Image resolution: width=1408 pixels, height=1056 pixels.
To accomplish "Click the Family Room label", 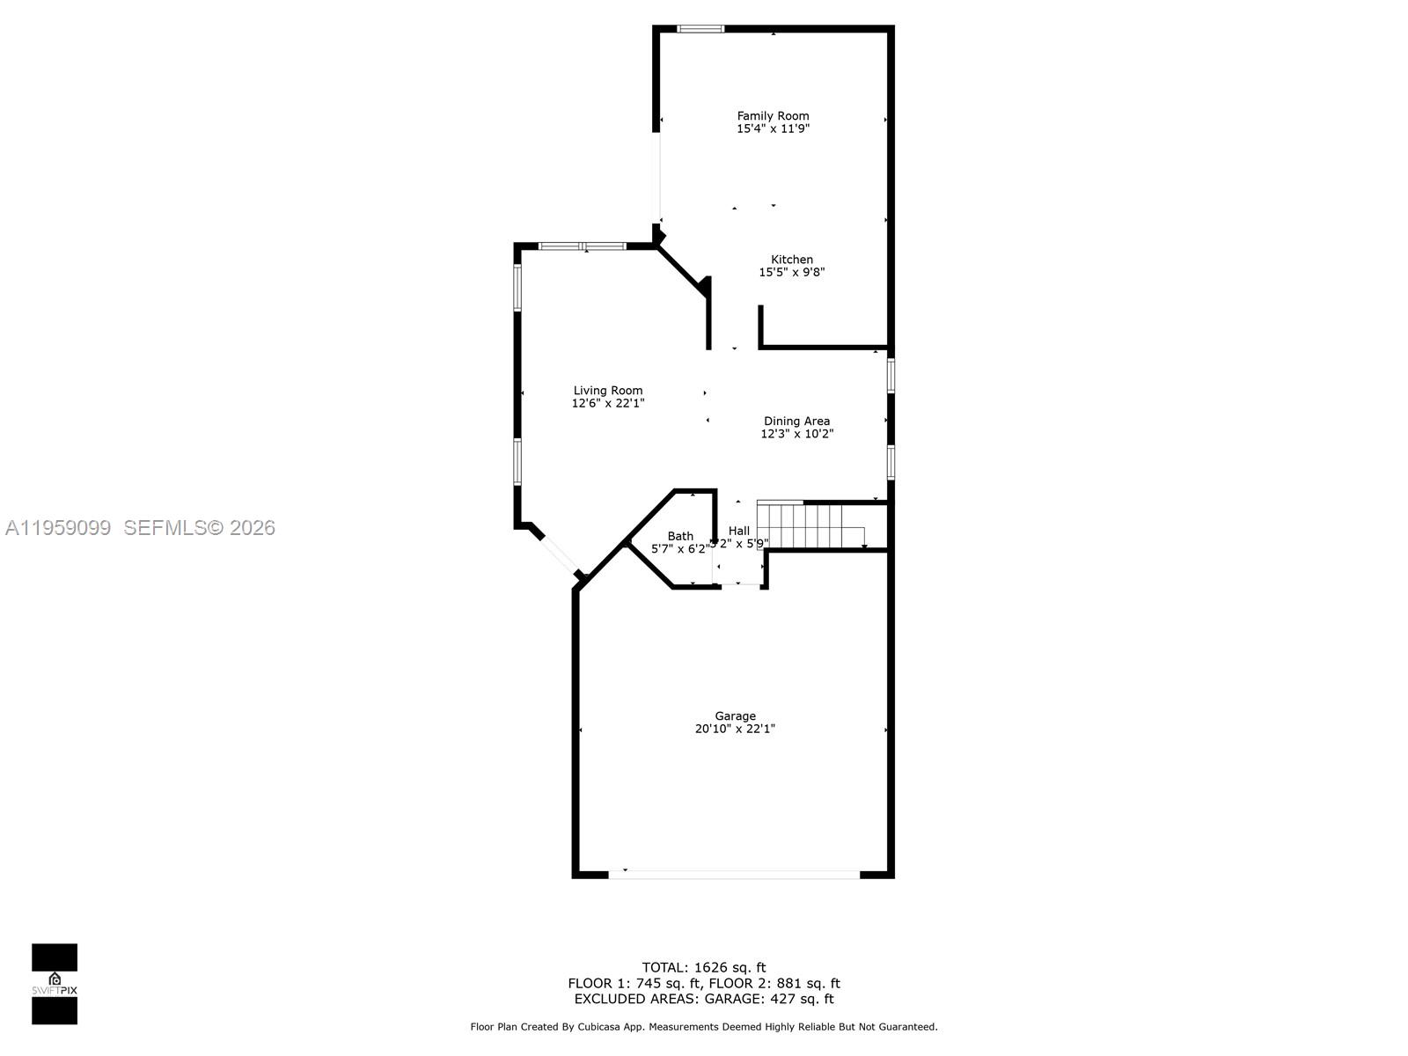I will [773, 115].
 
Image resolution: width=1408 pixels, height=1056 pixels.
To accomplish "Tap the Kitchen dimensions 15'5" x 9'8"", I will [791, 272].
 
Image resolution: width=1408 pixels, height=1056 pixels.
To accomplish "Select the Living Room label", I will [607, 391].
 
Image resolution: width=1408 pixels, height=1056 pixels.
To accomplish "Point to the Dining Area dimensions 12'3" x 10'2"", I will [796, 434].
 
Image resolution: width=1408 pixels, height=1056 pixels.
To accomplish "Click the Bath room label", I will [679, 536].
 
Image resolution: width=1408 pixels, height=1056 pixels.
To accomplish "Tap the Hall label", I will [738, 531].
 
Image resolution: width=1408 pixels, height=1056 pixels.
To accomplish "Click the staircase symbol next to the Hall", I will [810, 525].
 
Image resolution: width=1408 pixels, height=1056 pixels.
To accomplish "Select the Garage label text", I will [735, 716].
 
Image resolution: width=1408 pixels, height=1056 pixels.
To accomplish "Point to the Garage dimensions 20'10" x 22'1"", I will [735, 729].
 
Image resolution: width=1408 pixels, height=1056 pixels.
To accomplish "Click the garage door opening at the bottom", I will [735, 874].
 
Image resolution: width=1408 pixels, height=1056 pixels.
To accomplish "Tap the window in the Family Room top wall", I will [700, 29].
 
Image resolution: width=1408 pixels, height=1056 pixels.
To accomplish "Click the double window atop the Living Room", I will [583, 246].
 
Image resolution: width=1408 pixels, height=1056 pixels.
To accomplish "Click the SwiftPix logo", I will [55, 983].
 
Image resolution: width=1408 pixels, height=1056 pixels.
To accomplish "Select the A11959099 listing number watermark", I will [58, 527].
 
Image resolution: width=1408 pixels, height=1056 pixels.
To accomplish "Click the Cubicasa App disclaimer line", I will [703, 1026].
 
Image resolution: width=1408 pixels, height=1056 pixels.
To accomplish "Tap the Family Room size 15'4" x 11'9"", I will [773, 128].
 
